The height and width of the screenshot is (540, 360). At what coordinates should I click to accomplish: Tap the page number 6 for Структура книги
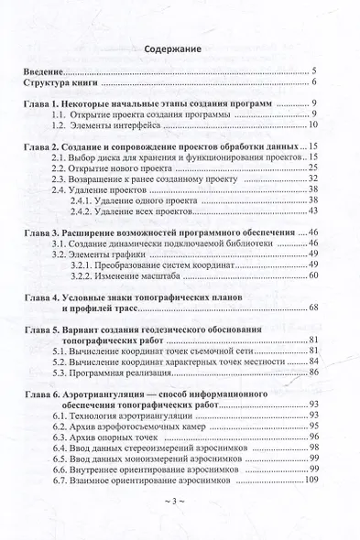tap(313, 83)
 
